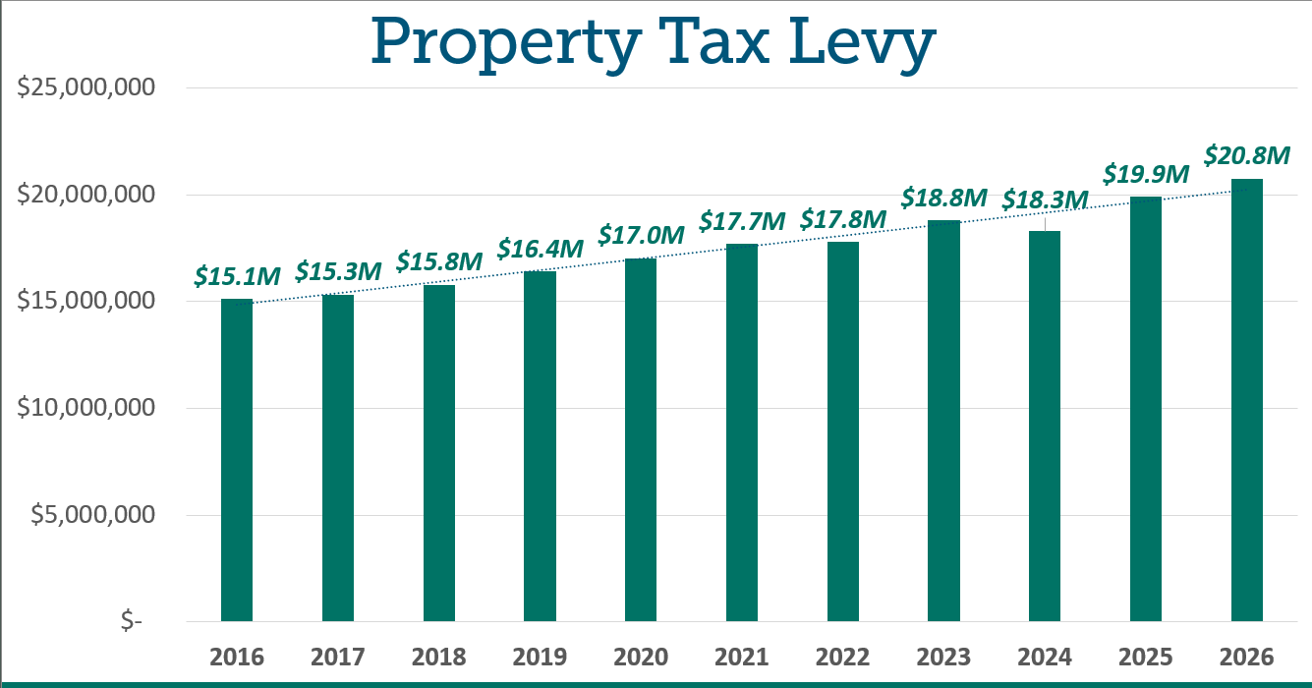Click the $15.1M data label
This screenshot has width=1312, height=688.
237,276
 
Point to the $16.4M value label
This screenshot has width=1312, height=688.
540,249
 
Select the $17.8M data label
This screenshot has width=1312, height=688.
843,220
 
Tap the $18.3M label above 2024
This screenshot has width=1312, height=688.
1045,200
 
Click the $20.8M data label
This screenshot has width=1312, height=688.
1246,155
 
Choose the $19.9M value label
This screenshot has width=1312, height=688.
1146,174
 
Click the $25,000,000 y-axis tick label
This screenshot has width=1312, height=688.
86,87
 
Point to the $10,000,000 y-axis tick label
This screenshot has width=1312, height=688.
86,408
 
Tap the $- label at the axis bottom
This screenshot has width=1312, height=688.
131,621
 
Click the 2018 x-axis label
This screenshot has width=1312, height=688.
439,657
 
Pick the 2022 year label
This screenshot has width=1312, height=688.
843,657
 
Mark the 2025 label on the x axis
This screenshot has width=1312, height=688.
1146,657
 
